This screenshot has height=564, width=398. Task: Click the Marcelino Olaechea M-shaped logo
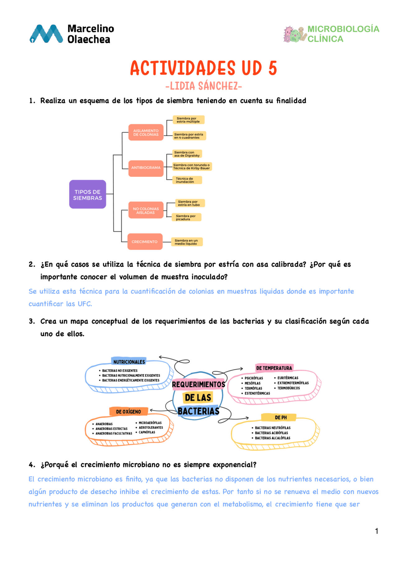coord(46,34)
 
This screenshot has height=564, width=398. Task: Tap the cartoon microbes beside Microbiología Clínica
coord(294,34)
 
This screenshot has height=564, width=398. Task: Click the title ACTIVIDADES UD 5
coord(203,68)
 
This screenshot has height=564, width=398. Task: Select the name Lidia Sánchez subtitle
coord(203,86)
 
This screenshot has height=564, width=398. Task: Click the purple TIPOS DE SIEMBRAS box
coord(87,194)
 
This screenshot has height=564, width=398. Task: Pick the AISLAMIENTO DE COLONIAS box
coord(146,132)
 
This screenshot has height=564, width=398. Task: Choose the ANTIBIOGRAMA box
coord(146,168)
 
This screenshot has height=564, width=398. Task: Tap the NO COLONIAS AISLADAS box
coord(146,211)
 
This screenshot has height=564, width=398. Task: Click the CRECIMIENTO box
coord(145,242)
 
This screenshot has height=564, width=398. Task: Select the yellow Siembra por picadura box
coord(186,217)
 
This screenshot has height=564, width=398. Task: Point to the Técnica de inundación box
coord(187,180)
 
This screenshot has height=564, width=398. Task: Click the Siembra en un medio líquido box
coord(187,242)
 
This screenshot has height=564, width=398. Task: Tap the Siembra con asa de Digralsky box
coord(187,154)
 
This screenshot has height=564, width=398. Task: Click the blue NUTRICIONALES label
coord(129,362)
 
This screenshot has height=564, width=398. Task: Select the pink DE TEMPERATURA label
coord(274,368)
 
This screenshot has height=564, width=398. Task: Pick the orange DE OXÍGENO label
coord(128,412)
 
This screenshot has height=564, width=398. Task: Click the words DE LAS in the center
coord(198,398)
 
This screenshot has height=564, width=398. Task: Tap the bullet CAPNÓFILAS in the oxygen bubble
coord(147,432)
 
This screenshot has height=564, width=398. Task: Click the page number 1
coord(377,531)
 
